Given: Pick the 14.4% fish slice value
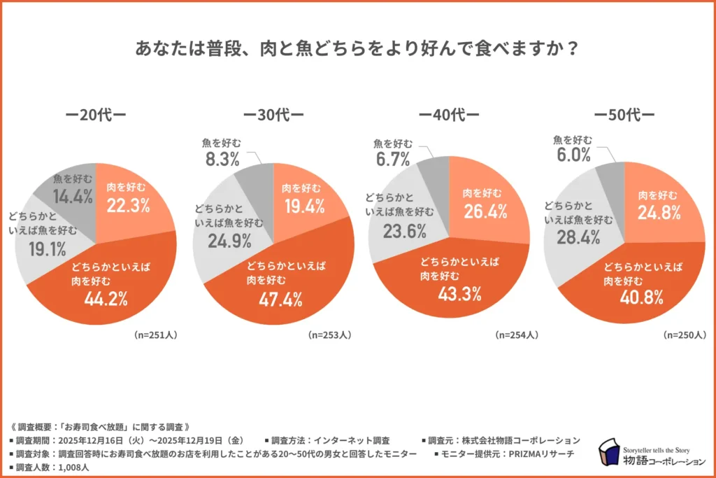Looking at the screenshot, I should (x=72, y=197).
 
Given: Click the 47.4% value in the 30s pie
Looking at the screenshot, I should (x=281, y=300).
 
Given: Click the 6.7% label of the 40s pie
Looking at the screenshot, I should (x=392, y=160).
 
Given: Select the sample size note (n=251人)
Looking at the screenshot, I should (x=155, y=335).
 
